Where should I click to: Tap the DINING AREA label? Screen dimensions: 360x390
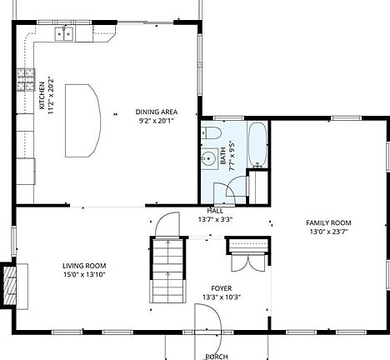coord(157,112)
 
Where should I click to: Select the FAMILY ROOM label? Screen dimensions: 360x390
coord(328,223)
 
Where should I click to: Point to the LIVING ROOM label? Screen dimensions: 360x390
coord(84,266)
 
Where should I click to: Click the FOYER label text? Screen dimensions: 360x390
coord(221,287)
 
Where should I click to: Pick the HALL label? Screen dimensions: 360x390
coord(215,211)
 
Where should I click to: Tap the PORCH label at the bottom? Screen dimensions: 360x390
coord(217,356)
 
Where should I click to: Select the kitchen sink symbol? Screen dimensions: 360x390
coord(65,33)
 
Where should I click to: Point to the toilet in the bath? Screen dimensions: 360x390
coord(211,133)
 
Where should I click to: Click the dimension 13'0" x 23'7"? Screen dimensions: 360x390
coord(328,233)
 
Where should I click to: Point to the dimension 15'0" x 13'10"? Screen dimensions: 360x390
coord(84,275)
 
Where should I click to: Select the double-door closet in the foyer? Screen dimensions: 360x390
coord(247,254)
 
